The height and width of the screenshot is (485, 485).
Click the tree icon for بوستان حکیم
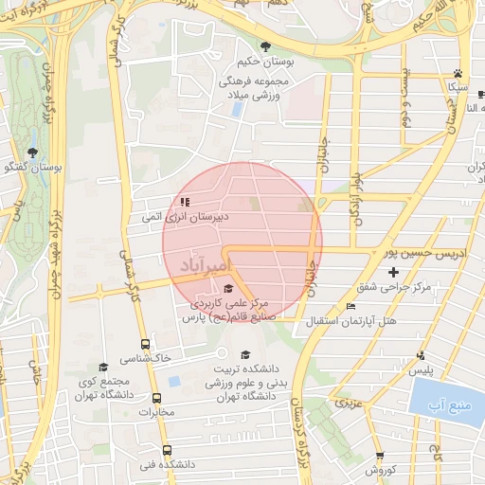265,46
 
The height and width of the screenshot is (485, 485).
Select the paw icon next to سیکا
458,73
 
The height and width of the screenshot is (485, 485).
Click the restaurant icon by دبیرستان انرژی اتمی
185,202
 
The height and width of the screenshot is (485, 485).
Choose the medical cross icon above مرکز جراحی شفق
394,273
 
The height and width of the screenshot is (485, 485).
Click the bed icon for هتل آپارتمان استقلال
351,306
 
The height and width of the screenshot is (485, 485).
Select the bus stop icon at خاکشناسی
145,345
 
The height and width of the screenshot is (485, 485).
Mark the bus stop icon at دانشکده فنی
168,451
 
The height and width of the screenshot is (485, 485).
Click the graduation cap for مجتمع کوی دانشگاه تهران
103,367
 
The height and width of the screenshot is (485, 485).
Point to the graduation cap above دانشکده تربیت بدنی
246,354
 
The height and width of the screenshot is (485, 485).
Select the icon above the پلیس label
422,355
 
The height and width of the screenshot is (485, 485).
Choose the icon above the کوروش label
380,456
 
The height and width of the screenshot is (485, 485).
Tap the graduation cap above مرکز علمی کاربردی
227,290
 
